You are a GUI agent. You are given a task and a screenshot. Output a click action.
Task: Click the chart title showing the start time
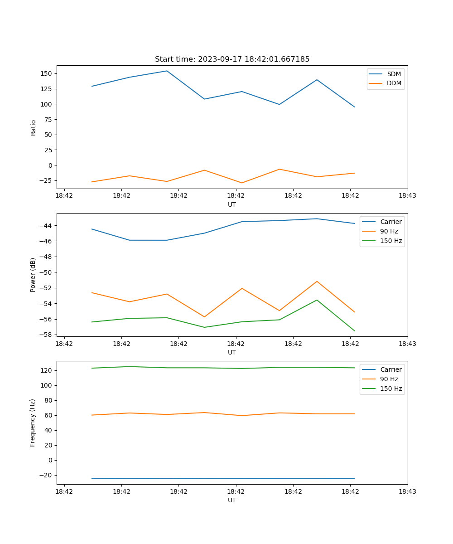[232, 59]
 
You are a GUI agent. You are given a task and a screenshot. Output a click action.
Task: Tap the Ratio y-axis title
[33, 127]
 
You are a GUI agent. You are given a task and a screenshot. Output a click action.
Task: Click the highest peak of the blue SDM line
[167, 71]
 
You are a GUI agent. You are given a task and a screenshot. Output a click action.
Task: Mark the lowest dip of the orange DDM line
[242, 183]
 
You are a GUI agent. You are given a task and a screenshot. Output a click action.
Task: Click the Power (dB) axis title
[33, 275]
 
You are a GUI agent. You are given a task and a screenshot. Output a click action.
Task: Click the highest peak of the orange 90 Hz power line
[317, 281]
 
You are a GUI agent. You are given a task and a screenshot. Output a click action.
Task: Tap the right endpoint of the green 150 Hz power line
[354, 331]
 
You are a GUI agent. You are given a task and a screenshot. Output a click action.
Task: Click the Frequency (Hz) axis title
[33, 423]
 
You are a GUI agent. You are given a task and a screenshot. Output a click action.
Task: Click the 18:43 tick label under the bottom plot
[407, 491]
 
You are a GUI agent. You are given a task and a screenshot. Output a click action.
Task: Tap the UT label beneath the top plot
[232, 204]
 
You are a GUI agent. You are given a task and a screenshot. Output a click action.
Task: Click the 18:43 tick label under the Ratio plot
[407, 195]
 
